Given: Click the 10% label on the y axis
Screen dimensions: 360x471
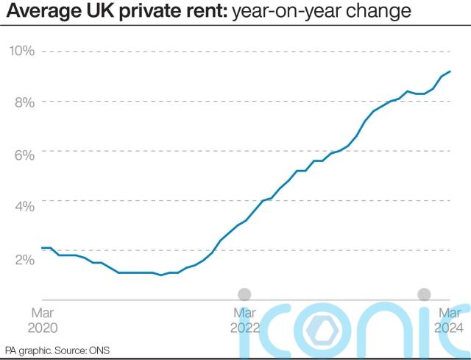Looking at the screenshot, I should (21, 51).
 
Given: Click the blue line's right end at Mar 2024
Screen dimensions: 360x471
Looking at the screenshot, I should (450, 71).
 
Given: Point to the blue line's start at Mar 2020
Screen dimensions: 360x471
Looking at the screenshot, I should (42, 248).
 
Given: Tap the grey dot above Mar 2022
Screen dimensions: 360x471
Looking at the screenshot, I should (245, 294).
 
